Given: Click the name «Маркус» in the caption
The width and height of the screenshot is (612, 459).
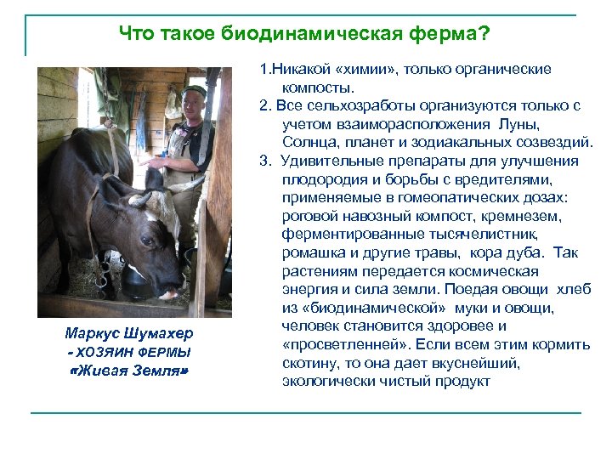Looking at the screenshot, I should pos(93,332).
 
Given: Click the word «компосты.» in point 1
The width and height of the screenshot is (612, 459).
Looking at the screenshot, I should pos(319,87).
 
